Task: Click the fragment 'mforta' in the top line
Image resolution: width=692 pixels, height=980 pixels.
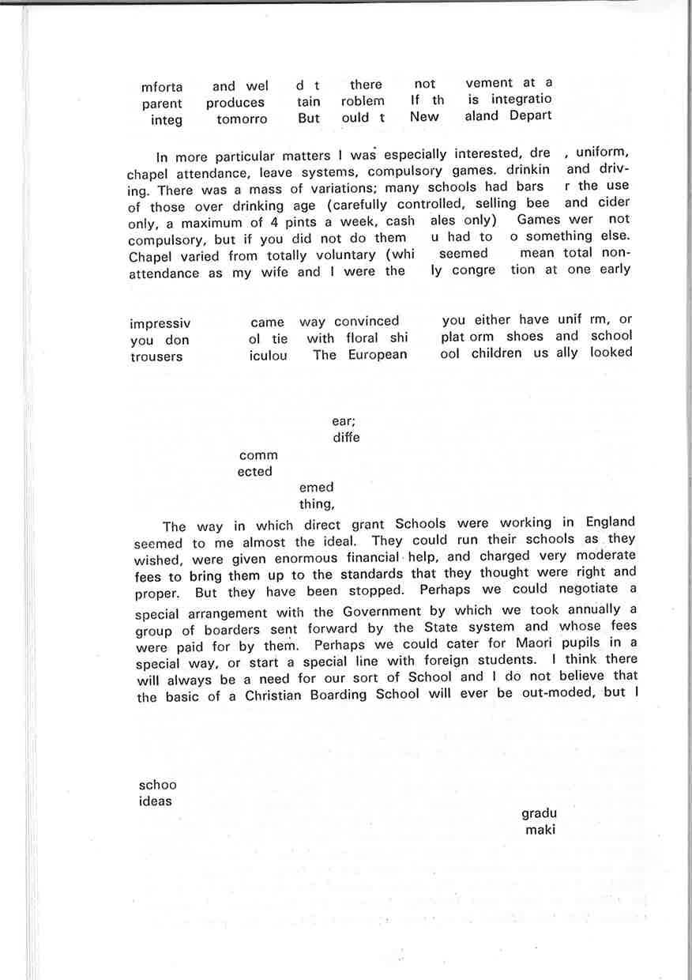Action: (162, 87)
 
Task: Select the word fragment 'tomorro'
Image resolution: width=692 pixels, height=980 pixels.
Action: (242, 120)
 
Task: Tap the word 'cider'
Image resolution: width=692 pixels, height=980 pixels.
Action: (614, 202)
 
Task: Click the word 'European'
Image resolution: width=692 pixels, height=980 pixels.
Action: (378, 355)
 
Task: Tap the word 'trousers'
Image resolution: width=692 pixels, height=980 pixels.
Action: (156, 357)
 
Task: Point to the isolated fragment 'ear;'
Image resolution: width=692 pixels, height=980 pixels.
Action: (344, 421)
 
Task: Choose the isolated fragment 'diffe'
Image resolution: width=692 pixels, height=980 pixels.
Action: (346, 437)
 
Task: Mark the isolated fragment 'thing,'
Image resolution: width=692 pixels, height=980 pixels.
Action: (317, 503)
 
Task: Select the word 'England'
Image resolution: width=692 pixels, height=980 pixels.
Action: (610, 522)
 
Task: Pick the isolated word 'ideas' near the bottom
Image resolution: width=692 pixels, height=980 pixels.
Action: (156, 801)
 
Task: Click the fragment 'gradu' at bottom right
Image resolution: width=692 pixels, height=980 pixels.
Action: (539, 813)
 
